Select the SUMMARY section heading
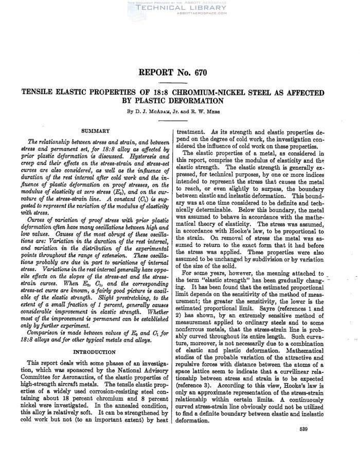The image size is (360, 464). coord(97,132)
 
